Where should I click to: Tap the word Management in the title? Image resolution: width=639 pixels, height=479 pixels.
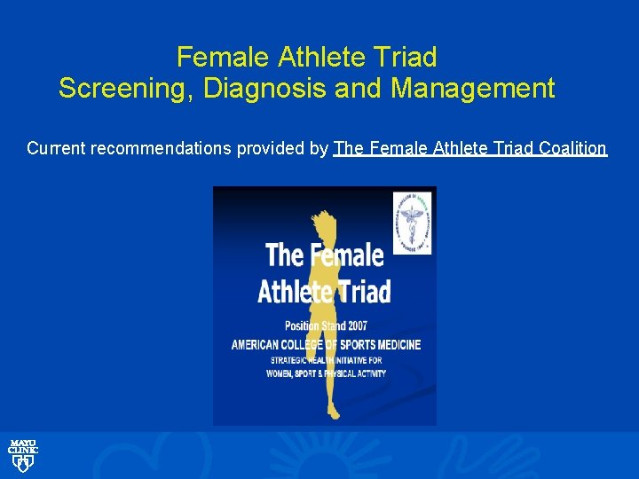[x=473, y=89]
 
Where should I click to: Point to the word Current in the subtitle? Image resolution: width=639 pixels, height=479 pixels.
[x=55, y=148]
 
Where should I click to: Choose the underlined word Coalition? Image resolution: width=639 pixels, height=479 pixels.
[x=567, y=148]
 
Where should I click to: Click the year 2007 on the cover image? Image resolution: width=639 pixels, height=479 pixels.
[x=353, y=326]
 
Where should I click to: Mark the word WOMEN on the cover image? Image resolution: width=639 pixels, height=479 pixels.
[x=281, y=373]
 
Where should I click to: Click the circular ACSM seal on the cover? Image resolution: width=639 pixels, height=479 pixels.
[x=412, y=223]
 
